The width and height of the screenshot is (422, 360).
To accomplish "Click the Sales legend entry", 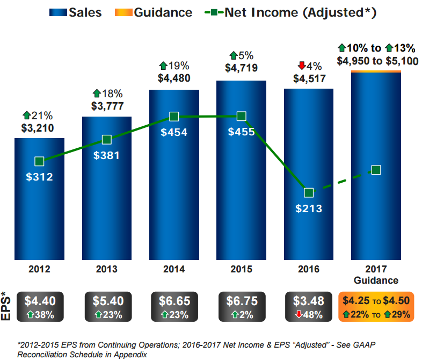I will (76, 12).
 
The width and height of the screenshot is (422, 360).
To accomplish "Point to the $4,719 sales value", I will (241, 68).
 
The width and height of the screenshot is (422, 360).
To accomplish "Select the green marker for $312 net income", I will (39, 161).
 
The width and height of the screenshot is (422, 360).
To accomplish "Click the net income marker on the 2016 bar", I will (309, 192).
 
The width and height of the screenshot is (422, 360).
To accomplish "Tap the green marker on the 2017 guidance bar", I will (376, 170).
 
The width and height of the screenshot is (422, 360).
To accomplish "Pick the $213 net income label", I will (309, 208).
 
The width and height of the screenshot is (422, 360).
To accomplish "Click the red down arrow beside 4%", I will (301, 66).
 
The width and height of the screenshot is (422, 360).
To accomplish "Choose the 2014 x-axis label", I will (174, 269).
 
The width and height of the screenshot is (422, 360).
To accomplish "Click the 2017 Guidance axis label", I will (376, 274).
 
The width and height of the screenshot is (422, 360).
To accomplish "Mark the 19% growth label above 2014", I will (174, 66).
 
